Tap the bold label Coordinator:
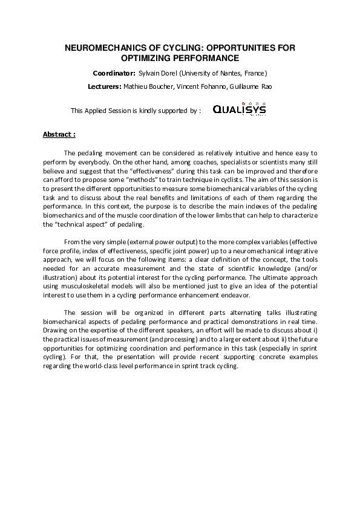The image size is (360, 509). tap(114, 73)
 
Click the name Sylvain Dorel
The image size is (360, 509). tap(159, 73)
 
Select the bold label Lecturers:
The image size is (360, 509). tap(104, 86)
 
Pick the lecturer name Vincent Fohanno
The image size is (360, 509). tap(199, 86)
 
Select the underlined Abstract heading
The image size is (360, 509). tap(59, 134)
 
